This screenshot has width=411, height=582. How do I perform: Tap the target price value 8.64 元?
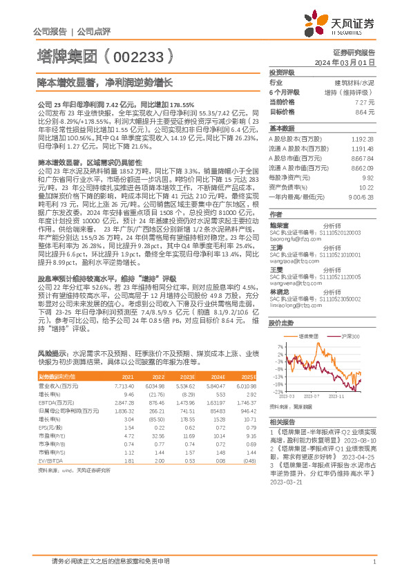coord(365,111)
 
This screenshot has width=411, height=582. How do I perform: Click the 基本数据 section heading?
coord(281,129)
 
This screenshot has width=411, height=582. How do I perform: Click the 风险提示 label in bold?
coord(50,353)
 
